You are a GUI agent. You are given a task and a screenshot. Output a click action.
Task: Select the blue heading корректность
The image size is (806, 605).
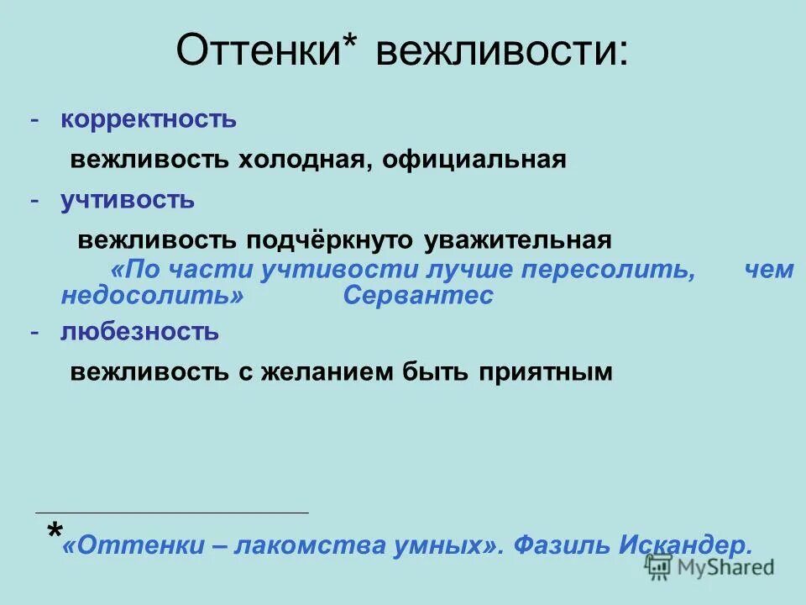tap(149, 119)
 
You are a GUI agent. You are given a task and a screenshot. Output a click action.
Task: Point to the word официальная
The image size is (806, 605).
tap(474, 160)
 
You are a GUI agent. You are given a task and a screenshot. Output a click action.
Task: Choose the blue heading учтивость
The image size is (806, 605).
tap(128, 200)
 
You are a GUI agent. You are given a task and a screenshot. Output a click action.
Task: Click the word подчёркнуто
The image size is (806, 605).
tap(329, 240)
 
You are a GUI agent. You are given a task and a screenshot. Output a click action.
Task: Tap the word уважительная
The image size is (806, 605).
tap(518, 240)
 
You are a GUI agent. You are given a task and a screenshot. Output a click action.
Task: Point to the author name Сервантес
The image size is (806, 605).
tap(418, 296)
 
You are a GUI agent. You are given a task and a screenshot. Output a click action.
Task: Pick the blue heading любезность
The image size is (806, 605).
tap(139, 332)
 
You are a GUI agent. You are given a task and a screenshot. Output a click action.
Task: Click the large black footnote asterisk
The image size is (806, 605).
tap(55, 532)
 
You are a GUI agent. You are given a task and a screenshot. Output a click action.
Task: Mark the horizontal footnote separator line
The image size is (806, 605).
tap(172, 512)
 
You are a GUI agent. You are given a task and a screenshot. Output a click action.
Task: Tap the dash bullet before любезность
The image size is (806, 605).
tap(34, 332)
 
